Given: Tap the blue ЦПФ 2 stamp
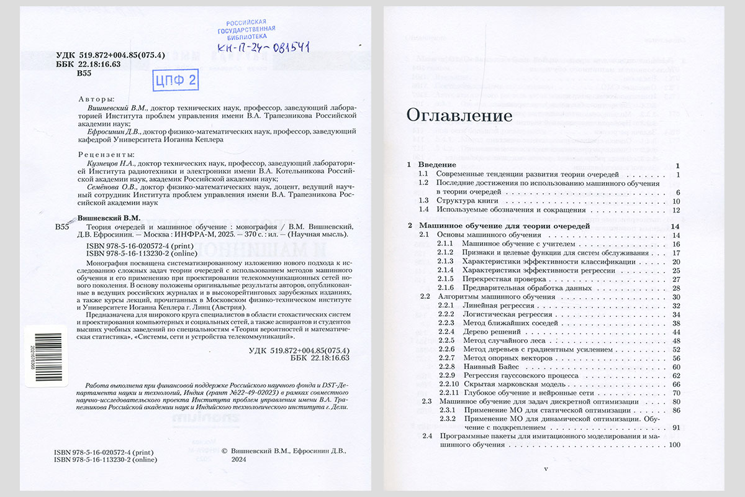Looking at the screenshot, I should click(174, 80).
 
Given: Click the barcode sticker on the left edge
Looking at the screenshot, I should click(38, 358).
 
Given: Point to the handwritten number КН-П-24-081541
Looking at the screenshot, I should click(264, 47).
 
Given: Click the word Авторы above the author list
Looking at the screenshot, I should click(97, 99).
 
